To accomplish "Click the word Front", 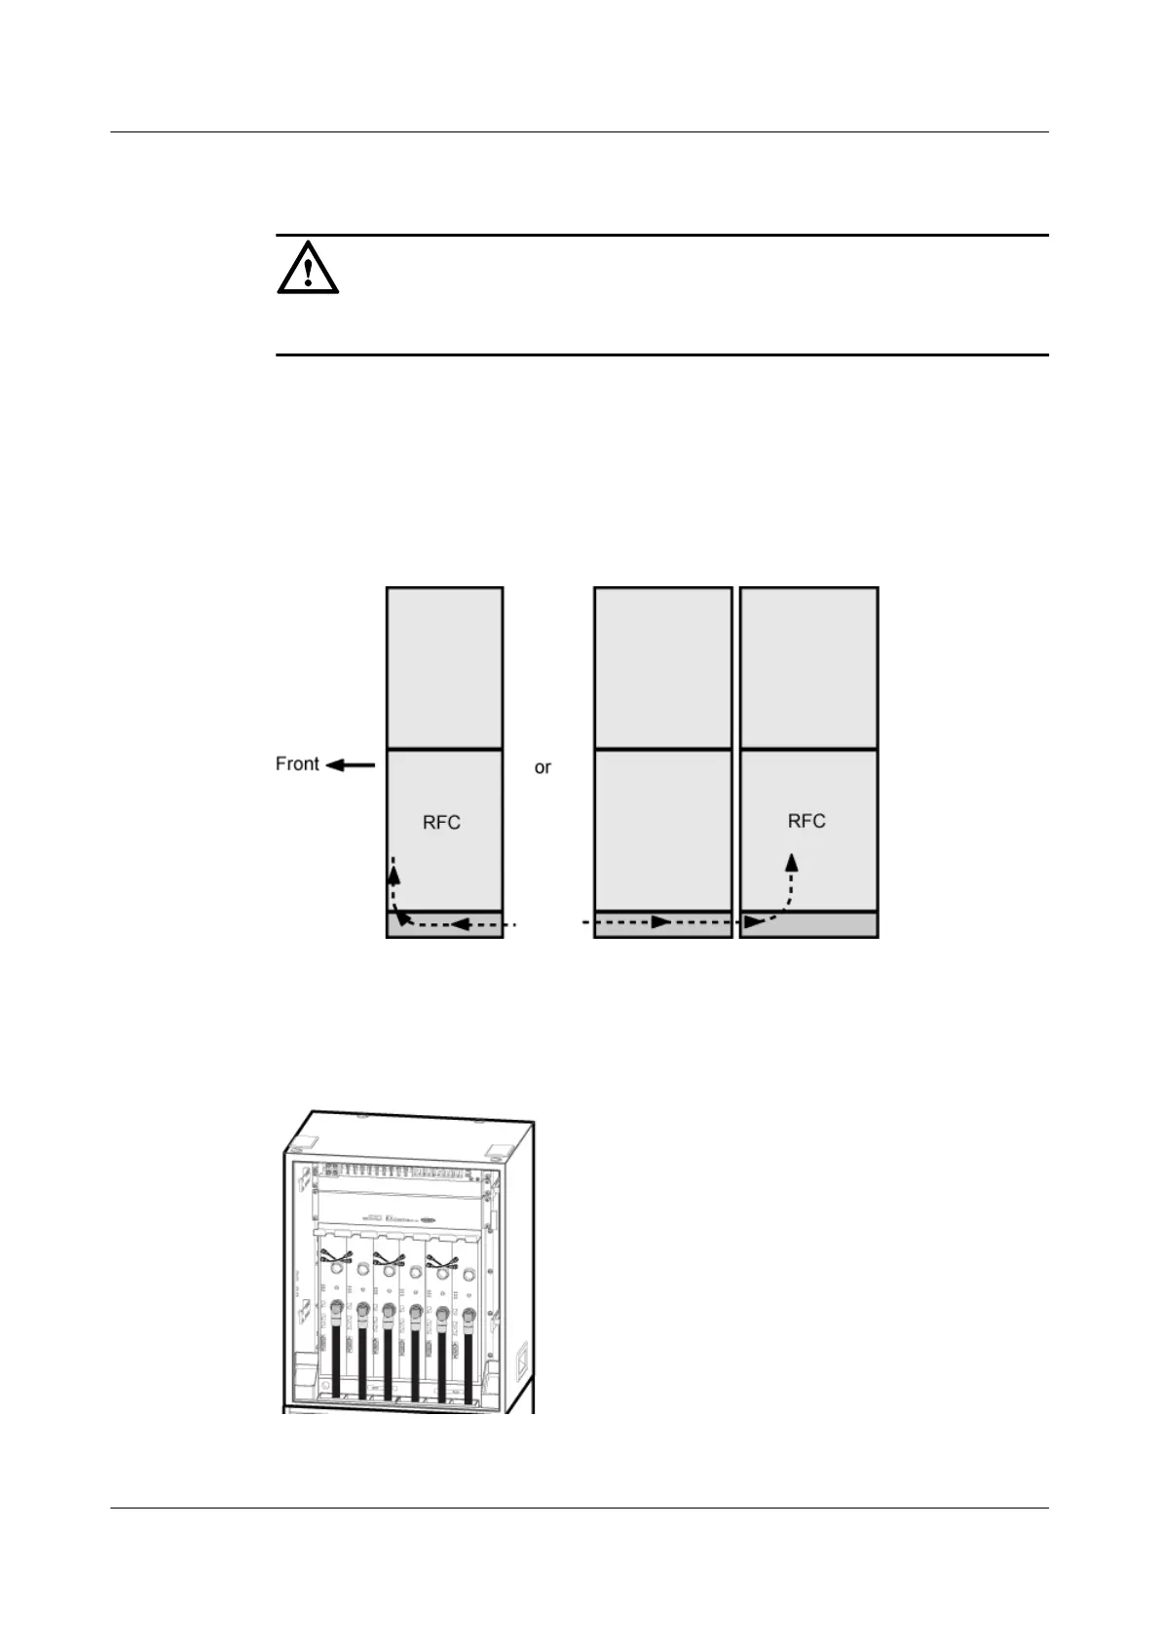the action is pos(297,764).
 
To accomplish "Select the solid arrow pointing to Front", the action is pos(350,765).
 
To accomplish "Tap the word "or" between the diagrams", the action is pos(543,767).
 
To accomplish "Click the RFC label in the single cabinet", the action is pos(441,823).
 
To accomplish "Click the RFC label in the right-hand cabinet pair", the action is pos(806,821).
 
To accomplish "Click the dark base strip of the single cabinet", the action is pos(445,924).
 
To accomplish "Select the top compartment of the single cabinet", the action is pos(445,667).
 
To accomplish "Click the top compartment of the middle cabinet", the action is pos(662,667).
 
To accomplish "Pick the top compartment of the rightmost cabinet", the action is pos(808,667).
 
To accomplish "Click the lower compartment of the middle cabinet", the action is pos(662,830).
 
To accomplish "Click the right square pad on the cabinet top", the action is pos(501,1150).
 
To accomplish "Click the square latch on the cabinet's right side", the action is pos(521,1360).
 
